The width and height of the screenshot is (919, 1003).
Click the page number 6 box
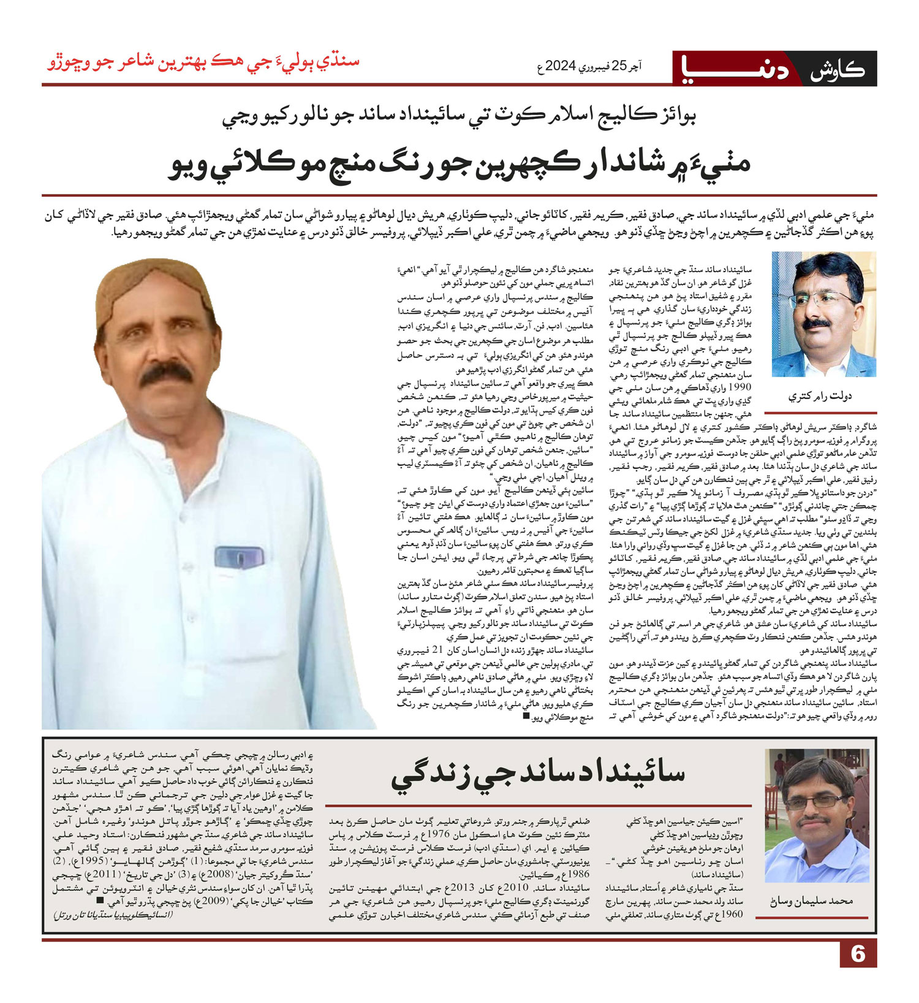[858, 953]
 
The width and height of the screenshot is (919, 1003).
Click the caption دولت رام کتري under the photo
[819, 396]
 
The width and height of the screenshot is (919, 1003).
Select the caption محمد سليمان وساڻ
[811, 901]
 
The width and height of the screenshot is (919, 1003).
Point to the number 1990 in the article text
[741, 387]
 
